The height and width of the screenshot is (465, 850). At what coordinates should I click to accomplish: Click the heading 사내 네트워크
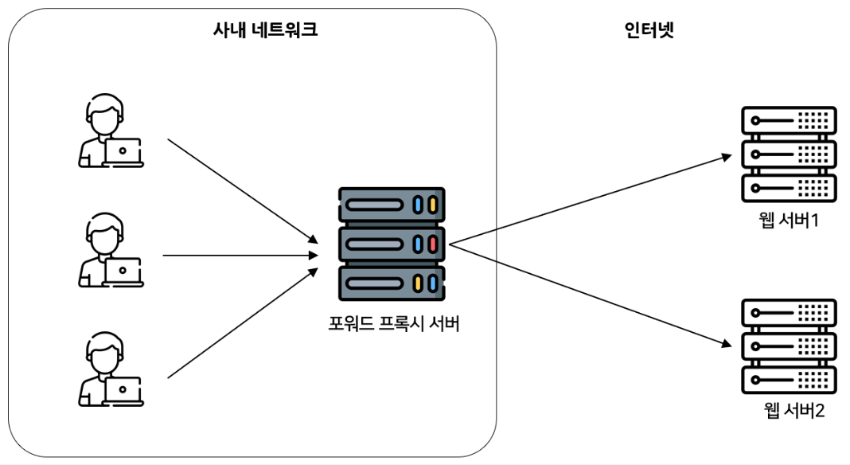[265, 31]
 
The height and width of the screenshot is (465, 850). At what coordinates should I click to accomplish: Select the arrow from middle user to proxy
[239, 256]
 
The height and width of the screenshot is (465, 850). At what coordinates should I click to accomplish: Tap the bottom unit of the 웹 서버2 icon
[789, 379]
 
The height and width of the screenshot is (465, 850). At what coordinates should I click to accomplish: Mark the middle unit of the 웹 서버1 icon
[789, 154]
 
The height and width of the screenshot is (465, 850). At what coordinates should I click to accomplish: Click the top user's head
[104, 116]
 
